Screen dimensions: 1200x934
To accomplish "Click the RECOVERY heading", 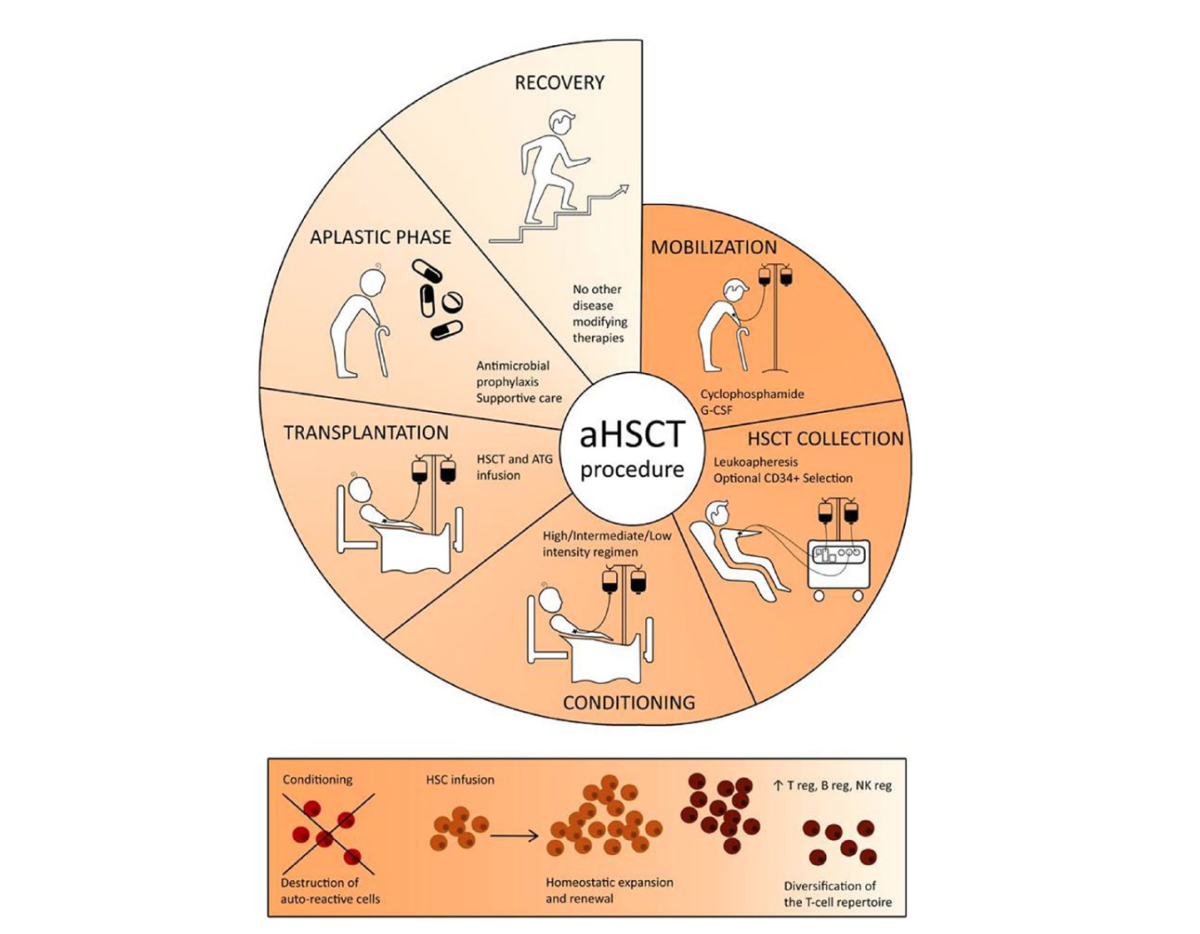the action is click(559, 82).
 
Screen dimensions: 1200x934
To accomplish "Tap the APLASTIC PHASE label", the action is click(380, 237).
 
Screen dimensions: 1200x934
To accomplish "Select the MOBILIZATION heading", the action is click(714, 246).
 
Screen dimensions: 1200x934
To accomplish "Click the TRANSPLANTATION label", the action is click(366, 432).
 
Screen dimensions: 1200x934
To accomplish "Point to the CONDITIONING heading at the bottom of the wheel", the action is click(629, 702).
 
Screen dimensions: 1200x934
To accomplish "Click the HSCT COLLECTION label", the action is click(826, 439).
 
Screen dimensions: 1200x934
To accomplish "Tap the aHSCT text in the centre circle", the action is click(632, 435).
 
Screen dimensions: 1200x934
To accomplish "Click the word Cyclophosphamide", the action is click(752, 394).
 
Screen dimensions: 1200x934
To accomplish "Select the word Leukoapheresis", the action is click(755, 462).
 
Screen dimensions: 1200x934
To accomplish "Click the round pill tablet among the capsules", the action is click(453, 300).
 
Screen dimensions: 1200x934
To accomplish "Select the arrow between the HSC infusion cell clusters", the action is click(513, 837).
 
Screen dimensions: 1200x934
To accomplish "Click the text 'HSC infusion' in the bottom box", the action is click(460, 780).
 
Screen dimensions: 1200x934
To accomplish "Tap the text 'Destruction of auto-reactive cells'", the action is click(331, 891).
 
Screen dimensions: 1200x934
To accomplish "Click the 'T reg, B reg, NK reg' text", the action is click(833, 785).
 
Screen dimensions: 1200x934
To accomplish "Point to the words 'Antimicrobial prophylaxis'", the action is click(513, 373).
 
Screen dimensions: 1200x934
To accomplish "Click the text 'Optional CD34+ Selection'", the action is click(783, 478).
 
